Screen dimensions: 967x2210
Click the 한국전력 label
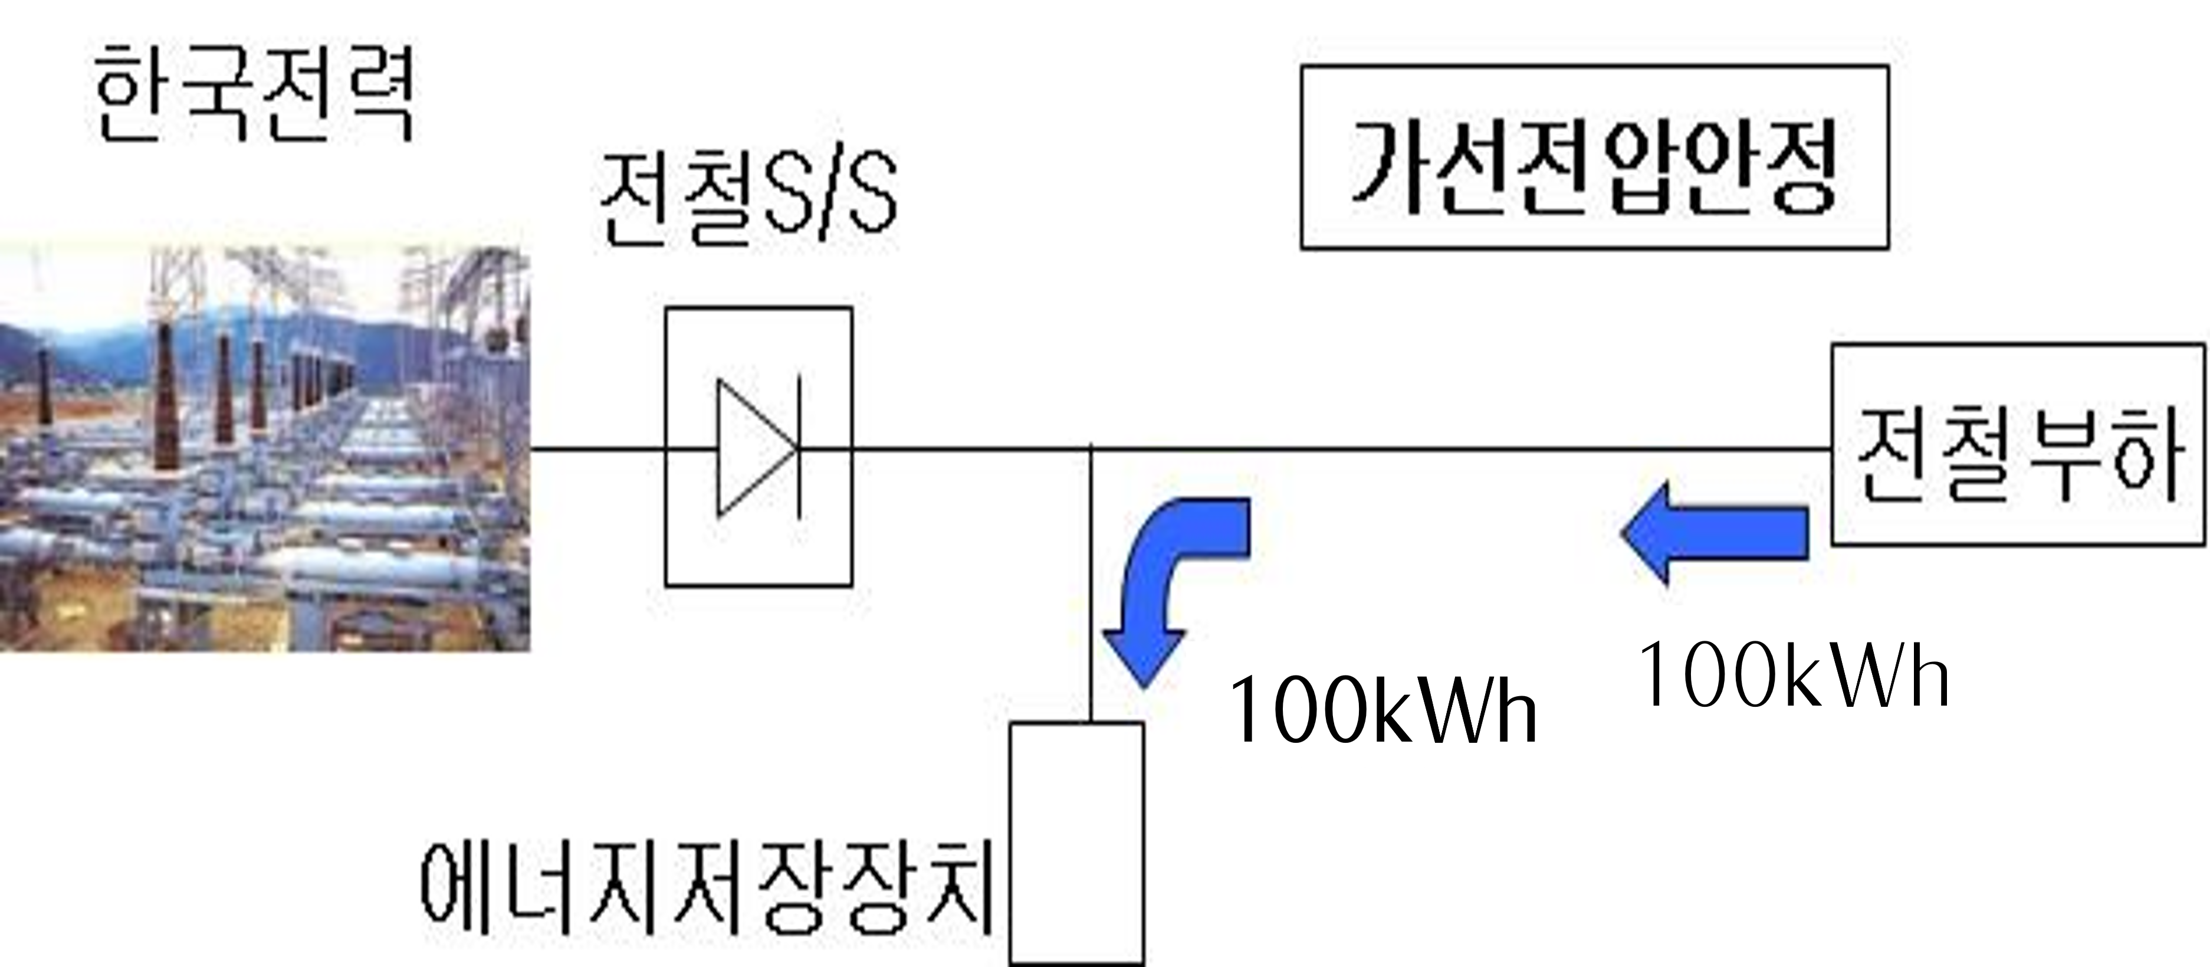(254, 94)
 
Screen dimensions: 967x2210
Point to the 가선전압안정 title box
(1594, 157)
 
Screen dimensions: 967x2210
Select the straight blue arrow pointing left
(1716, 533)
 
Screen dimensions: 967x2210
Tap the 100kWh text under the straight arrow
(1793, 677)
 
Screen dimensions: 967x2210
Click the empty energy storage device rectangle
(1076, 843)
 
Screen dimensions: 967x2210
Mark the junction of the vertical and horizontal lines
(1091, 448)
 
